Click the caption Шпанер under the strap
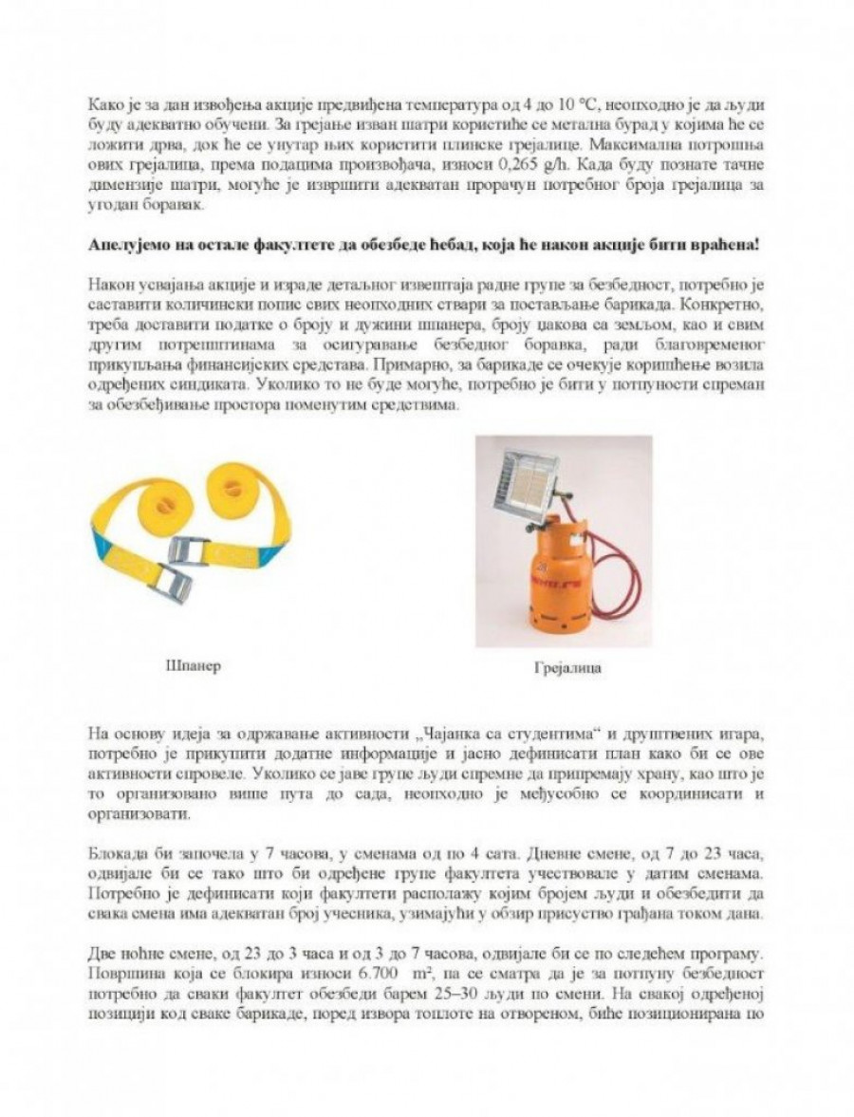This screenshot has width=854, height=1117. [x=193, y=666]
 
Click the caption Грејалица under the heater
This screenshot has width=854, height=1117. [x=567, y=668]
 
